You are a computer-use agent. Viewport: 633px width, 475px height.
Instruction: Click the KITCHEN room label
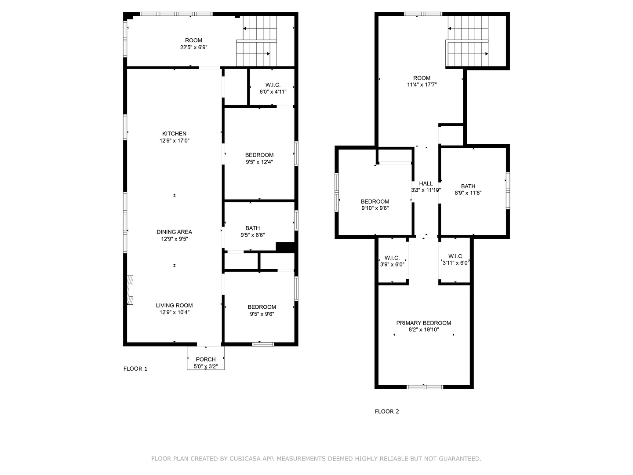coord(175,134)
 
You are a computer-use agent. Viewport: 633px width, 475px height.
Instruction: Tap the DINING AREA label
coord(175,232)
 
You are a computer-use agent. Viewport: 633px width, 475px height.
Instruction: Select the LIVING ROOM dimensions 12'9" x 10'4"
coord(175,313)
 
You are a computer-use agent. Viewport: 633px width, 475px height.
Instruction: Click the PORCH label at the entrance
coord(206,359)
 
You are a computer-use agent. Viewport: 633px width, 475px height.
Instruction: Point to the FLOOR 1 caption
coord(135,369)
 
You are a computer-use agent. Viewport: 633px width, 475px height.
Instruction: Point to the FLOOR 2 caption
coord(387,412)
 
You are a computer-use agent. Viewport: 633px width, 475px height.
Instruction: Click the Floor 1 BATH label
coord(252,228)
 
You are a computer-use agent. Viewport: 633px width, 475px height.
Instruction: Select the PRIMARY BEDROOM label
coord(424,323)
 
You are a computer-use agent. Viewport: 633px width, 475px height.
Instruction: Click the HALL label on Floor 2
coord(426,183)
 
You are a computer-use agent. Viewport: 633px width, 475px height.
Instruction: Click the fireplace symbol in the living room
coord(131,290)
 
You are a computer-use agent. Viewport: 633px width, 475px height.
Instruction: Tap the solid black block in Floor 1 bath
coord(285,247)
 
